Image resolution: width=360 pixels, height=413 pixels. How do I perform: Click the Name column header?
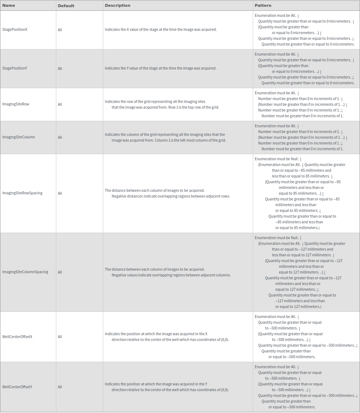[x=9, y=5]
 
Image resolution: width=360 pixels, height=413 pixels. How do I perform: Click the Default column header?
[x=66, y=6]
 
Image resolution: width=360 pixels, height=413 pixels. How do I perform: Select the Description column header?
[x=118, y=5]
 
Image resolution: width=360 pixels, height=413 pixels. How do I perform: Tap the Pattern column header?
[x=263, y=5]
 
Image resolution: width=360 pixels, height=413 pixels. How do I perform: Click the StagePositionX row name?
[x=15, y=29]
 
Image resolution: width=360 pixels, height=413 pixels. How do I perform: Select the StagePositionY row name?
[x=15, y=68]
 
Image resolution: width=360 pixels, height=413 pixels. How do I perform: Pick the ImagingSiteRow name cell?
[x=16, y=104]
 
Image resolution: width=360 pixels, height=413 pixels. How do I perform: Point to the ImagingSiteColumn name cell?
[x=19, y=137]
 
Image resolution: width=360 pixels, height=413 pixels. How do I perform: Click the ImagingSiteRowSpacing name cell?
[x=22, y=193]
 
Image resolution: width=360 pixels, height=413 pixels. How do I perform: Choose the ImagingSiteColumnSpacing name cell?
[x=25, y=272]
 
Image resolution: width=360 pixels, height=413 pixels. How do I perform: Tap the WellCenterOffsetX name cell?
[x=17, y=337]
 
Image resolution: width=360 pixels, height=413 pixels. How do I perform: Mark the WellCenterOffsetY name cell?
[x=17, y=387]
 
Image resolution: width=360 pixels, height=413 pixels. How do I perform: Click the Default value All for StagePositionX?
[x=60, y=30]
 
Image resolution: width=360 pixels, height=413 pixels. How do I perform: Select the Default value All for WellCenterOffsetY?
[x=60, y=387]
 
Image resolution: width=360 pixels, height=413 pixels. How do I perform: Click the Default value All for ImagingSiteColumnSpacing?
[x=60, y=272]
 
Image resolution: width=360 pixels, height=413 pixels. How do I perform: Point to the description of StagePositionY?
[x=161, y=68]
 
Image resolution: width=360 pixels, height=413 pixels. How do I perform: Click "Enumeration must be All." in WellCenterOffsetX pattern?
[x=275, y=317]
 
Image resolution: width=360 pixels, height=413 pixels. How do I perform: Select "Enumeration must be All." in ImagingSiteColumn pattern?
[x=275, y=126]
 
